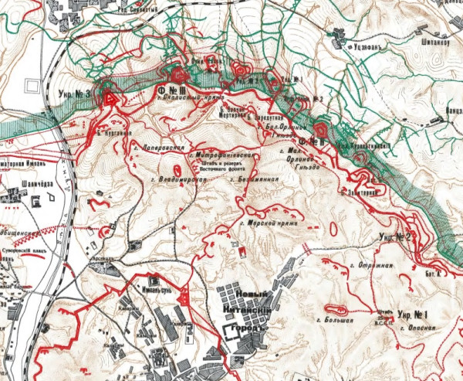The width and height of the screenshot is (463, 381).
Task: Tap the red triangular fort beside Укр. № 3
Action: click(110, 98)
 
